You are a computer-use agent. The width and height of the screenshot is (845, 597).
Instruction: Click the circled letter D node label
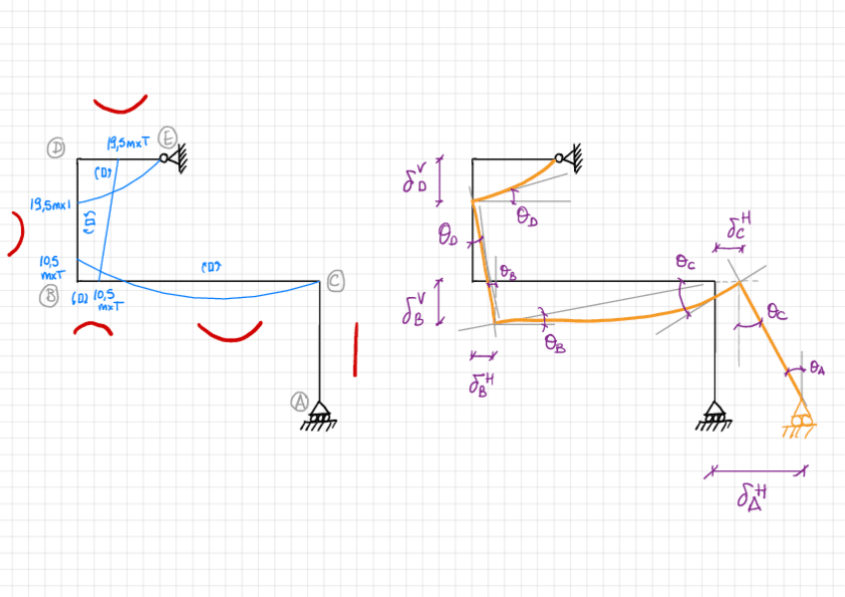pyautogui.click(x=58, y=149)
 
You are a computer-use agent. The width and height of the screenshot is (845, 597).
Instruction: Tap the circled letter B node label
pyautogui.click(x=58, y=295)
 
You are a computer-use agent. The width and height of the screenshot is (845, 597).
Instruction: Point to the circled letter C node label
pyautogui.click(x=336, y=282)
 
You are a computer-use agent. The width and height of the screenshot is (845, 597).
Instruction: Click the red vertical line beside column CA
pyautogui.click(x=355, y=349)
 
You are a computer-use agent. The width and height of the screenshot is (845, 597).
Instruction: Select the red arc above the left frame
pyautogui.click(x=121, y=105)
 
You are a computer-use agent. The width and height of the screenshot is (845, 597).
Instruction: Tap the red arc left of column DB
pyautogui.click(x=17, y=233)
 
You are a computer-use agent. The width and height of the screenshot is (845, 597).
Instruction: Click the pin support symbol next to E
pyautogui.click(x=176, y=156)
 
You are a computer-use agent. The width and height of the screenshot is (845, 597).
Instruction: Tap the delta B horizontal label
pyautogui.click(x=482, y=383)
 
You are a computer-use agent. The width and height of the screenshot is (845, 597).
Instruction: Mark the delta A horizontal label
pyautogui.click(x=754, y=495)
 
